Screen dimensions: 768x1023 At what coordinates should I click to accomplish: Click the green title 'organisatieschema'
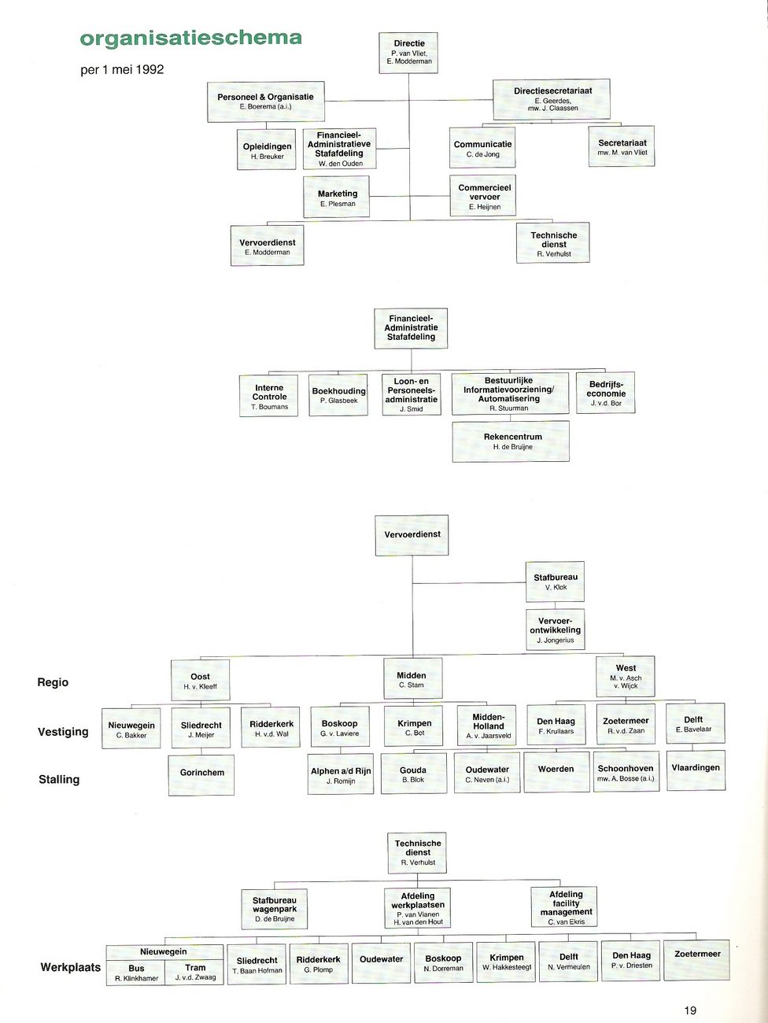[x=190, y=39]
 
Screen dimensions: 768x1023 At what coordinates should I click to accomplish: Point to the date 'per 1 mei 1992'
[x=122, y=70]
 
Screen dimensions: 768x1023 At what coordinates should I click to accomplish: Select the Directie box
[x=408, y=53]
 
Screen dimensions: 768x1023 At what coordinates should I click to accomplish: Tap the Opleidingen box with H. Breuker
[x=266, y=150]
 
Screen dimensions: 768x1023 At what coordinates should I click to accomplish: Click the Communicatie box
[x=482, y=148]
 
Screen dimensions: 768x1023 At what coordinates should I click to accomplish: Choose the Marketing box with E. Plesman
[x=337, y=197]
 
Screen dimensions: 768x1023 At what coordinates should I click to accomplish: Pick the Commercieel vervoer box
[x=483, y=196]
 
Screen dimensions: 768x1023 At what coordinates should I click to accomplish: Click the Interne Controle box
[x=269, y=396]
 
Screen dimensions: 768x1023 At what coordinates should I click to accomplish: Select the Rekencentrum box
[x=511, y=441]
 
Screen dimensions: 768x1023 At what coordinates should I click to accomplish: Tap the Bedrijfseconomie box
[x=605, y=393]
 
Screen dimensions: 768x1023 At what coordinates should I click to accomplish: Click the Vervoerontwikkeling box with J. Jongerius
[x=555, y=630]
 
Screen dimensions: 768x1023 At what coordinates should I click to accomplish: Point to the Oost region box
[x=201, y=680]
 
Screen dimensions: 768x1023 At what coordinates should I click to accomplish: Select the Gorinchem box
[x=201, y=775]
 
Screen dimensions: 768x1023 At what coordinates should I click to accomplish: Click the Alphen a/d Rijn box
[x=341, y=774]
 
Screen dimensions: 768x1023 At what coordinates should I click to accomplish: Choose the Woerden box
[x=556, y=772]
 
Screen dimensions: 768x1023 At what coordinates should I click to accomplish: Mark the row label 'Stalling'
[x=59, y=780]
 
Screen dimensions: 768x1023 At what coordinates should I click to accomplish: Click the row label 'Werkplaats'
[x=70, y=967]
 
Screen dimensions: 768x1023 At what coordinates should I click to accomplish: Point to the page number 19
[x=690, y=1010]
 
